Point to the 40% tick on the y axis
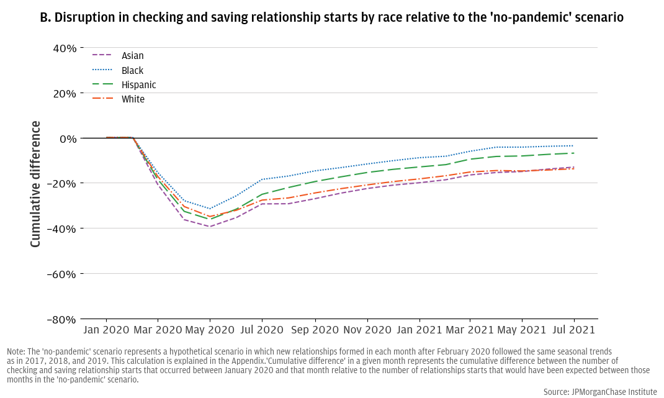point(64,48)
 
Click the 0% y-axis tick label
point(68,138)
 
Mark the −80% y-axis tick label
point(61,319)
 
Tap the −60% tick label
point(61,274)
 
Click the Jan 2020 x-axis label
point(106,330)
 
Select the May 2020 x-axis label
point(210,330)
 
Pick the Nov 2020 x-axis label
point(367,330)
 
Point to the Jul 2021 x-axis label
point(573,330)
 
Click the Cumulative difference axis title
point(35,184)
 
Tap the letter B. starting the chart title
point(45,17)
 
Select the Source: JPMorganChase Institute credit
point(599,392)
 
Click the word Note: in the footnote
point(17,351)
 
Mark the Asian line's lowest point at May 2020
point(210,227)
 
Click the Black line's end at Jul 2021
point(573,146)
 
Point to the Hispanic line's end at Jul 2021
point(573,153)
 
